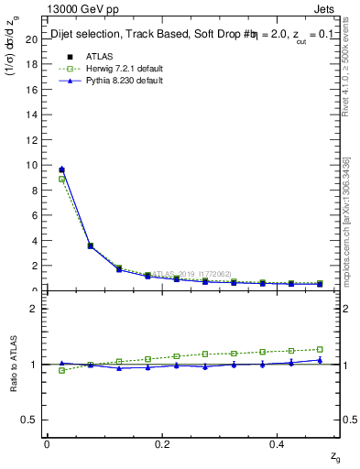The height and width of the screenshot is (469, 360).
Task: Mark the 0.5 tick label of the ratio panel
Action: point(29,420)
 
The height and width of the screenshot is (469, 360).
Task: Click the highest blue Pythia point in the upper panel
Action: point(61,169)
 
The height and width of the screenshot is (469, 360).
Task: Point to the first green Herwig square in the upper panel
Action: point(61,180)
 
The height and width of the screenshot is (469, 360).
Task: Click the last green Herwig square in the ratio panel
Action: point(320,349)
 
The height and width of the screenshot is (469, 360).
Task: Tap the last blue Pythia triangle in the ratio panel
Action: point(320,360)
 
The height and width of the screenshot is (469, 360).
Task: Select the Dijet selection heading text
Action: point(92,36)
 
